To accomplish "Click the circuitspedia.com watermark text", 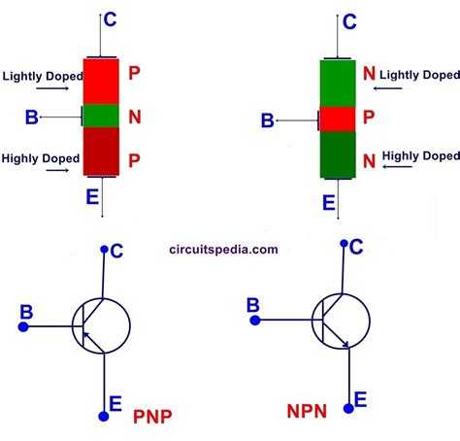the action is pyautogui.click(x=223, y=250).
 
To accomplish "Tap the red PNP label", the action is pyautogui.click(x=152, y=417).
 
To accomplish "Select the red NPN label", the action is pyautogui.click(x=307, y=411).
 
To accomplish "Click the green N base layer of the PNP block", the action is pyautogui.click(x=101, y=116).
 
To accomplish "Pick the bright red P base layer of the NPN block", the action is pyautogui.click(x=338, y=119).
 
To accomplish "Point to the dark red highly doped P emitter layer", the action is pyautogui.click(x=101, y=152).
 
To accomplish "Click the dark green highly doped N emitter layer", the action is pyautogui.click(x=338, y=154).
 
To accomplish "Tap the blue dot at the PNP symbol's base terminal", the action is pyautogui.click(x=23, y=326).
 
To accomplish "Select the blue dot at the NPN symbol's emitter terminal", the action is pyautogui.click(x=348, y=409).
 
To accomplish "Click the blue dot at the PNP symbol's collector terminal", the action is pyautogui.click(x=104, y=249).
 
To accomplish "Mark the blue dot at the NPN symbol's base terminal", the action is pyautogui.click(x=255, y=321).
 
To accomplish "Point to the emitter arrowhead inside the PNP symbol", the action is pyautogui.click(x=85, y=335).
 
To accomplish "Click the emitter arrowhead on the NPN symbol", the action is pyautogui.click(x=346, y=345).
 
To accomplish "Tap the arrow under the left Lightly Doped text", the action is pyautogui.click(x=52, y=88).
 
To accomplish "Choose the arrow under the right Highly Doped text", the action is pyautogui.click(x=397, y=166).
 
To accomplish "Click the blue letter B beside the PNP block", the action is pyautogui.click(x=32, y=118).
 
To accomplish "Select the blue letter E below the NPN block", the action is pyautogui.click(x=329, y=203).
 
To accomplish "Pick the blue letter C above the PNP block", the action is pyautogui.click(x=110, y=19).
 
